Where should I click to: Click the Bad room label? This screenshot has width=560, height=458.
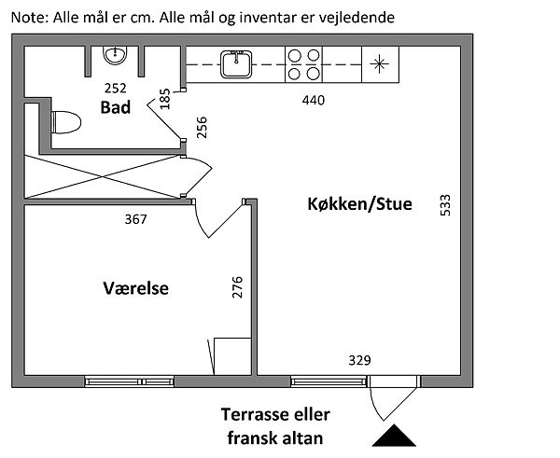click(x=115, y=107)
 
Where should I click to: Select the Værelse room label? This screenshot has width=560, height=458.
click(x=135, y=288)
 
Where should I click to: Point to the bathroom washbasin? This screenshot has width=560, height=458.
click(x=117, y=57)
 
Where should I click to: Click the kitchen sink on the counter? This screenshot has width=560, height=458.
click(x=234, y=64)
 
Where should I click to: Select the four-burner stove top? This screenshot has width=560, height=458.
click(x=302, y=64)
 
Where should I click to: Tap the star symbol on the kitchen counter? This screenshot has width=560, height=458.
click(x=378, y=64)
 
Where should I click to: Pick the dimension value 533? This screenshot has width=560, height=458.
click(x=445, y=205)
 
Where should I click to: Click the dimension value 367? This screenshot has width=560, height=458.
click(x=136, y=219)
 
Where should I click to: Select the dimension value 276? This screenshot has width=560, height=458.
click(x=237, y=288)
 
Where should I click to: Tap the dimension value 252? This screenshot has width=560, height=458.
click(x=115, y=90)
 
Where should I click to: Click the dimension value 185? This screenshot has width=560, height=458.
click(x=165, y=99)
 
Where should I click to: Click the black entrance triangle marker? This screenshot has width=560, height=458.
click(x=395, y=437)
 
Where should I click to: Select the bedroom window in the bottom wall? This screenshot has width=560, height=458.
click(x=129, y=381)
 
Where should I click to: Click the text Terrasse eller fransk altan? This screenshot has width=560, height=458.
click(x=275, y=424)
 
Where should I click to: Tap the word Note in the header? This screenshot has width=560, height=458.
click(x=26, y=18)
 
